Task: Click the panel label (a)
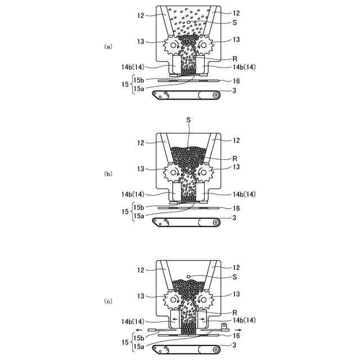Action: pos(109,47)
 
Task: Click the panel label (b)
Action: pos(109,174)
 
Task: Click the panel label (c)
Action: pos(109,301)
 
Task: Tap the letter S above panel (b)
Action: pos(188,120)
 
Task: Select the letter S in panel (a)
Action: pos(233,22)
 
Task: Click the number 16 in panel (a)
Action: pos(236,81)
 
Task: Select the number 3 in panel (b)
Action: pos(233,217)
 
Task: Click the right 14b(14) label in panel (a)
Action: pos(243,67)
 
